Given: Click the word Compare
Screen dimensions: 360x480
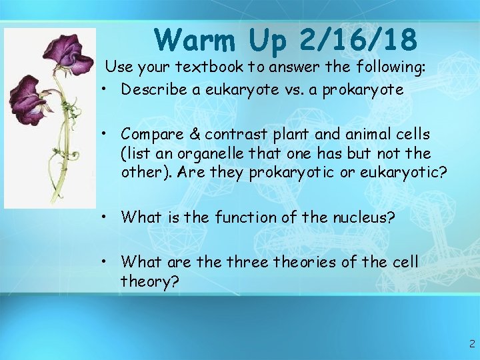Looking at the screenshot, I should pos(154,135).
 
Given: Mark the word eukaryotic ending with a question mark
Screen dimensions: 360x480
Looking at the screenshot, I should pos(401,173).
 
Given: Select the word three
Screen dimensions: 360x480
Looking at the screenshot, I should pos(249,262).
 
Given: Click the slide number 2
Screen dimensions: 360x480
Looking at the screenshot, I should pos(471,345).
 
